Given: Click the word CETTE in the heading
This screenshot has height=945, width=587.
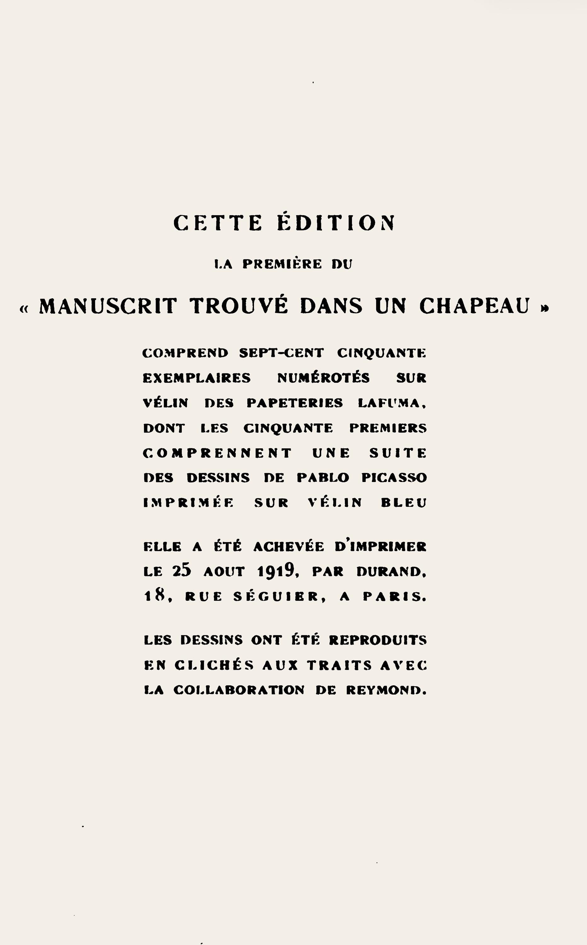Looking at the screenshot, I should [x=217, y=223].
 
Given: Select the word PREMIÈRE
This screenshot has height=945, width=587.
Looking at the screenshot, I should [x=282, y=264].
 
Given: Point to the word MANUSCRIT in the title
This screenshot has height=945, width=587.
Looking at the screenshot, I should [x=108, y=306].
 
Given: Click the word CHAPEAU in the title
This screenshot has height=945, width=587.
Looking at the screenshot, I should [x=475, y=306].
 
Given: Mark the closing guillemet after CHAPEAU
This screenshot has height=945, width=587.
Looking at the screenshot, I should [x=545, y=308].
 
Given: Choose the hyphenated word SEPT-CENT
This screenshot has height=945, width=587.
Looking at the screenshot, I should [x=281, y=353].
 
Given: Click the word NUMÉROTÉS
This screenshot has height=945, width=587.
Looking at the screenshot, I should [x=323, y=378].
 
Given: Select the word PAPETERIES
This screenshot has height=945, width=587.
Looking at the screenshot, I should [x=295, y=403].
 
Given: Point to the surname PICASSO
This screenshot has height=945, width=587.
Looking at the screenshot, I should [x=394, y=478].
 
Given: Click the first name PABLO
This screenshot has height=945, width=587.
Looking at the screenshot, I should [x=323, y=478].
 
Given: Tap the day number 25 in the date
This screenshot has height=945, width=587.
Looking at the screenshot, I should [x=182, y=571].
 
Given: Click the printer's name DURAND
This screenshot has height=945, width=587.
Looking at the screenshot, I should [x=391, y=572].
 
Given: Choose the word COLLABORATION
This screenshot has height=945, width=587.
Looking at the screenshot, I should [x=239, y=690].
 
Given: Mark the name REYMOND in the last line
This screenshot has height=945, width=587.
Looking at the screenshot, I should [x=386, y=690].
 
